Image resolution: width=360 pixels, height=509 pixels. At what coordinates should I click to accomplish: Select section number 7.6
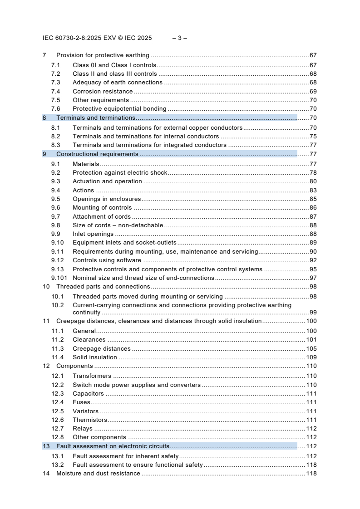click(55, 109)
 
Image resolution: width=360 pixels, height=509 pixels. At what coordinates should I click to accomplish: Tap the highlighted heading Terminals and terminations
click(89, 118)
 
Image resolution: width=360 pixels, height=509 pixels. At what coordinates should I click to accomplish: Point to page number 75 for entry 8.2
click(313, 136)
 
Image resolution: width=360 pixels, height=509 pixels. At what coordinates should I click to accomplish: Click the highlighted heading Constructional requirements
click(97, 154)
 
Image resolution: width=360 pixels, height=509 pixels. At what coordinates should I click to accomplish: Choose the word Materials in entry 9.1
click(86, 164)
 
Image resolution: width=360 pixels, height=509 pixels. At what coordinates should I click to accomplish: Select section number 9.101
click(59, 278)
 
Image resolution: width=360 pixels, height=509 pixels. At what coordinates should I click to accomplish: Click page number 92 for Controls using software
click(313, 260)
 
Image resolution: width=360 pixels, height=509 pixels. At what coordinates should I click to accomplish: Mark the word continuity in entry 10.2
click(86, 313)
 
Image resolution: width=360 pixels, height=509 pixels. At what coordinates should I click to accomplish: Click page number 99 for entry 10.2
click(313, 313)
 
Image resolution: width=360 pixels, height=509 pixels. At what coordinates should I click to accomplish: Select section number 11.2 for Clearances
click(57, 340)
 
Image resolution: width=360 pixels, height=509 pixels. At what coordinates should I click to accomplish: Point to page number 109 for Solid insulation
click(311, 357)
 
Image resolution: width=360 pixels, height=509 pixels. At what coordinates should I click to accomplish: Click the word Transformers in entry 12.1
click(92, 376)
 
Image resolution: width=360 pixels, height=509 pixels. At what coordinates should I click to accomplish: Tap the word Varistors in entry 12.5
click(85, 411)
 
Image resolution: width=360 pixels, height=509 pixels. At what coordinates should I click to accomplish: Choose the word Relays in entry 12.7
click(82, 429)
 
